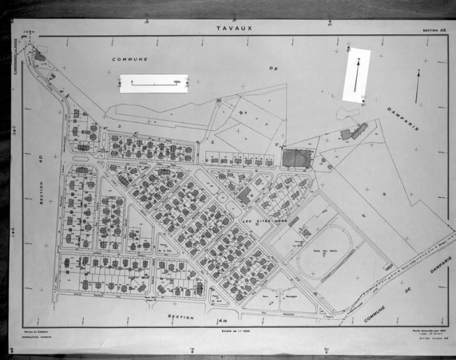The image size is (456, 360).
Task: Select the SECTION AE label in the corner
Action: point(434,31)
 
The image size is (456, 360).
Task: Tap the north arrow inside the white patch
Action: point(357,75)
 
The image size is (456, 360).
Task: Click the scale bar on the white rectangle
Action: point(154,83)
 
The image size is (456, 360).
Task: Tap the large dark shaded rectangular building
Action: point(295,158)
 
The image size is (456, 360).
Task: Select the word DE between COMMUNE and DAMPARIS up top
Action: point(274,69)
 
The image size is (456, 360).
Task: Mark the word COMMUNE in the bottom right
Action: point(377,312)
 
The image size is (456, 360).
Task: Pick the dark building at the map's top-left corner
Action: point(39,56)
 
